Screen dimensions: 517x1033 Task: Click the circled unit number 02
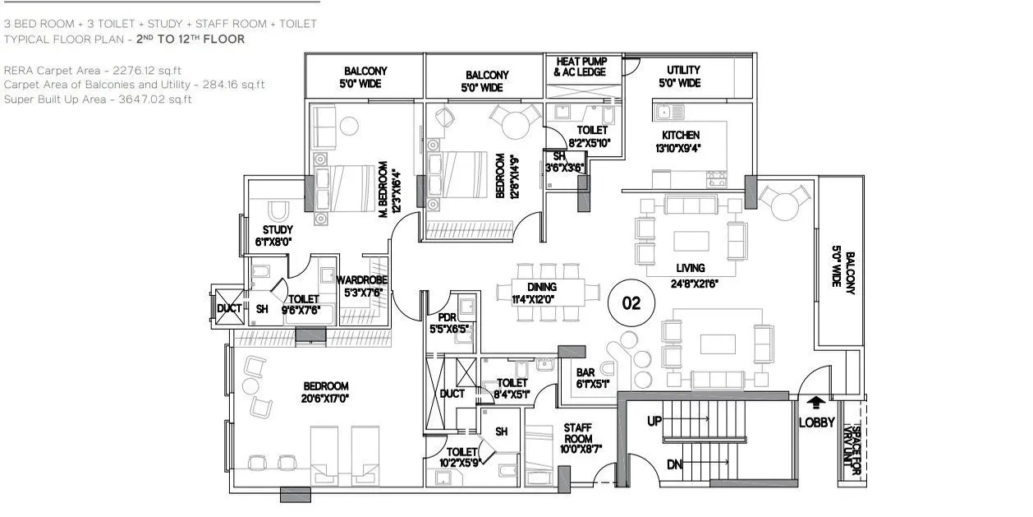[631, 302]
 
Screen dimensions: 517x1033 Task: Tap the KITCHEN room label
[681, 135]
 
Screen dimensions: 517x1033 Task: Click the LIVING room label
[691, 268]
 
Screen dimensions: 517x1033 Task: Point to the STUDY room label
[278, 229]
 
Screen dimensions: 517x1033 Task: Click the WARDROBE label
[361, 279]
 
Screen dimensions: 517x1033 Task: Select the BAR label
[585, 371]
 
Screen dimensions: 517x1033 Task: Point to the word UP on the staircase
[654, 421]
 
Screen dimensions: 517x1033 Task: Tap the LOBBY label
[816, 422]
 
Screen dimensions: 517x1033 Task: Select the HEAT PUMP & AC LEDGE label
[581, 67]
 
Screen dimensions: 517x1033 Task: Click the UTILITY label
[683, 71]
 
